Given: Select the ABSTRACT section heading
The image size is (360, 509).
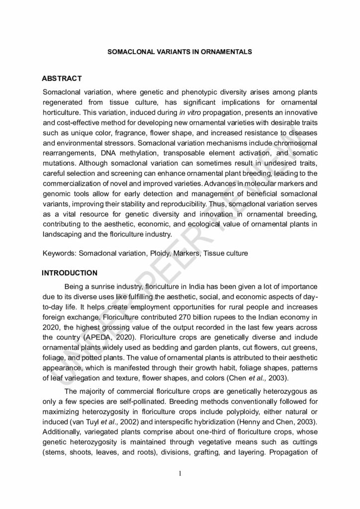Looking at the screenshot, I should coord(62,79).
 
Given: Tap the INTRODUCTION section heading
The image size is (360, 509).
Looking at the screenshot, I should coord(69,273).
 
